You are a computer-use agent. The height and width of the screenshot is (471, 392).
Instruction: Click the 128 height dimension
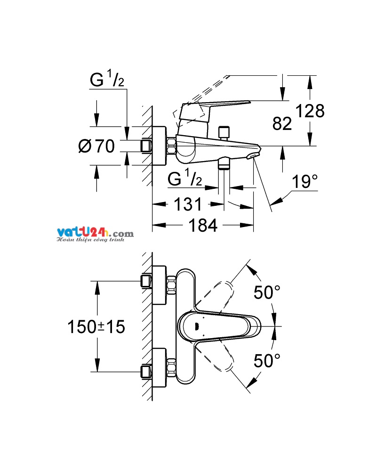pyautogui.click(x=310, y=111)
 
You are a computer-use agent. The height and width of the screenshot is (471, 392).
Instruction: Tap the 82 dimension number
pyautogui.click(x=282, y=123)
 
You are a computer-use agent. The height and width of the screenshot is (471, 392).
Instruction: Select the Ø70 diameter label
pyautogui.click(x=96, y=146)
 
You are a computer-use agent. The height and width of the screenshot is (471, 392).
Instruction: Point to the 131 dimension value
pyautogui.click(x=188, y=204)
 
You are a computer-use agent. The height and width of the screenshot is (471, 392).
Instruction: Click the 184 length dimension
pyautogui.click(x=203, y=225)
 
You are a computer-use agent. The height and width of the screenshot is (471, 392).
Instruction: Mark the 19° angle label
pyautogui.click(x=304, y=181)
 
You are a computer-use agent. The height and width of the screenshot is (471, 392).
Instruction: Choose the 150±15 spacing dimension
pyautogui.click(x=96, y=326)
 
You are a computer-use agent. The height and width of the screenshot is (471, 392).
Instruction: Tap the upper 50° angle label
pyautogui.click(x=267, y=292)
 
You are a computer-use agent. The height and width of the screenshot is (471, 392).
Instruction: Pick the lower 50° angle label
pyautogui.click(x=267, y=360)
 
